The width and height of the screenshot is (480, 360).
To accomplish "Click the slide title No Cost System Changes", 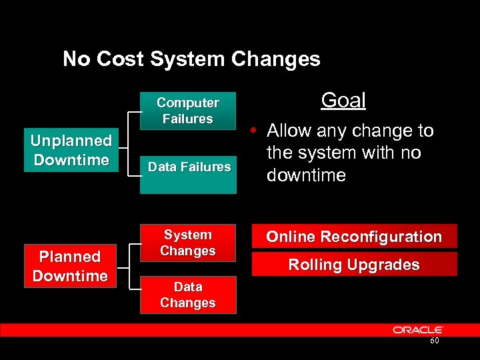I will tap(191, 59).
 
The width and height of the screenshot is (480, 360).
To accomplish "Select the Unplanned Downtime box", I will tap(71, 150).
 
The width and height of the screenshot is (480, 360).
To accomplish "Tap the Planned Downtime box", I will tap(70, 266).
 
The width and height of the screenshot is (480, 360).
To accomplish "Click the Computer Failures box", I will tap(188, 111).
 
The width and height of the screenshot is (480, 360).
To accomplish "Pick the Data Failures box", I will tap(189, 167).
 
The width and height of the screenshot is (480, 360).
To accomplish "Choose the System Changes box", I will tap(188, 243).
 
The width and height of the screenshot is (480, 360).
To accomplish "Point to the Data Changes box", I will tap(188, 295).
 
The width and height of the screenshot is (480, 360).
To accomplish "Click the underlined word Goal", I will tap(343, 101).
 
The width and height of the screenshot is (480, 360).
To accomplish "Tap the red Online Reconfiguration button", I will tap(354, 237).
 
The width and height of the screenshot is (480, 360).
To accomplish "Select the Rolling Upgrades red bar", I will tap(354, 265).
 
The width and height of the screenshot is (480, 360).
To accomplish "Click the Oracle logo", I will tap(418, 329).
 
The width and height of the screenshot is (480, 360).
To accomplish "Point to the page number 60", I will tap(434, 341).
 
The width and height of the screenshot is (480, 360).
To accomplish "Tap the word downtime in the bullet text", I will tap(306, 175).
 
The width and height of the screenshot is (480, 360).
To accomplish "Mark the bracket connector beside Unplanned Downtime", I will tap(128, 151).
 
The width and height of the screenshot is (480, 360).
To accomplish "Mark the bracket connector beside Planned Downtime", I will tap(128, 266).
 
